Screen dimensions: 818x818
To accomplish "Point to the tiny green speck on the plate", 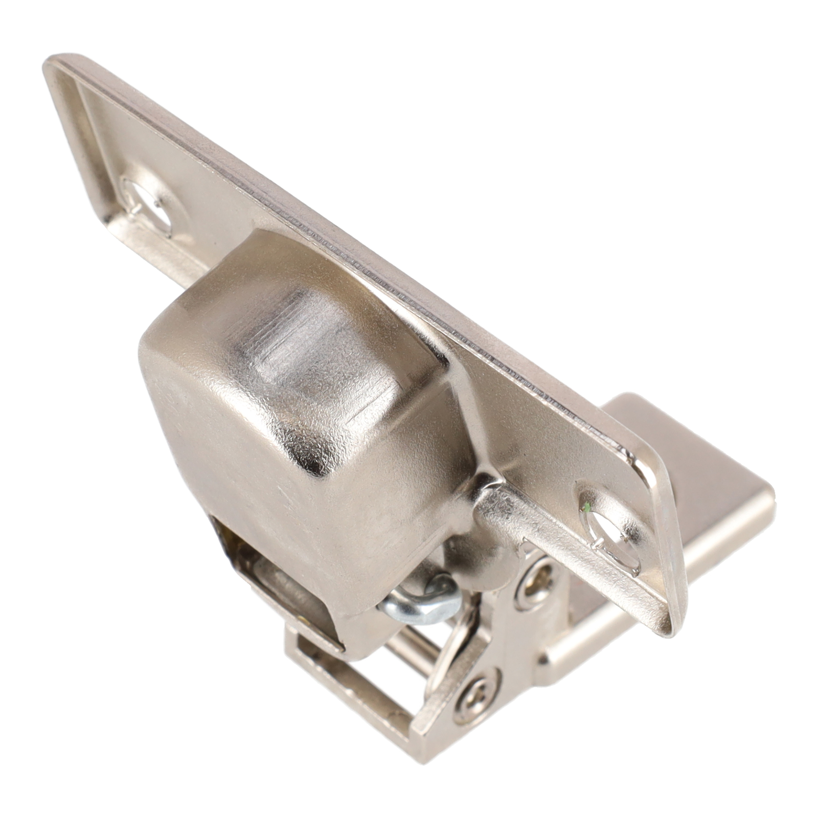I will [587, 507].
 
